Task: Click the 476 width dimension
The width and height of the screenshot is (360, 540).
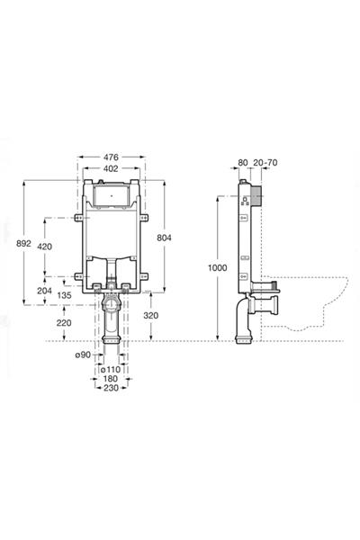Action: (111, 157)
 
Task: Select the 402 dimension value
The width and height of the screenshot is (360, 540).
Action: (111, 168)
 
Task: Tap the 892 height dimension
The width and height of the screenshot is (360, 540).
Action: (23, 243)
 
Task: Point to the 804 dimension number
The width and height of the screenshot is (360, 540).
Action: (164, 238)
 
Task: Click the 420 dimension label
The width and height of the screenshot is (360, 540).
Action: (45, 247)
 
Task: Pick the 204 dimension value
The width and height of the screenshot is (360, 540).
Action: (44, 291)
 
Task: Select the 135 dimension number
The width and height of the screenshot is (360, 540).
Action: (65, 295)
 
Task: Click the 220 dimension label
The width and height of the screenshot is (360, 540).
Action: (65, 323)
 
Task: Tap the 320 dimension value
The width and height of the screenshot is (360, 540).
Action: (151, 315)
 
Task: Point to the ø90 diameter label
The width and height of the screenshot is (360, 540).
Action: (83, 355)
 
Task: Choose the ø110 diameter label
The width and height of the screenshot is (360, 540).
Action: (110, 369)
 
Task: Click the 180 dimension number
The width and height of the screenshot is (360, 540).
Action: (111, 379)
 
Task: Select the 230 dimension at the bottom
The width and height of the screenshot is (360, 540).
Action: (111, 388)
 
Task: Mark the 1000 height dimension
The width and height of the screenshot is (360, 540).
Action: (218, 267)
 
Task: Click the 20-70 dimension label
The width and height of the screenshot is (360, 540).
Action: (265, 163)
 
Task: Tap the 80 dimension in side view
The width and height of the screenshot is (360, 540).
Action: (243, 163)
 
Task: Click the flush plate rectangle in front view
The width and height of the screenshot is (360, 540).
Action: (111, 195)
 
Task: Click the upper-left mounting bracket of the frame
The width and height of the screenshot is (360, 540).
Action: (78, 218)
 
